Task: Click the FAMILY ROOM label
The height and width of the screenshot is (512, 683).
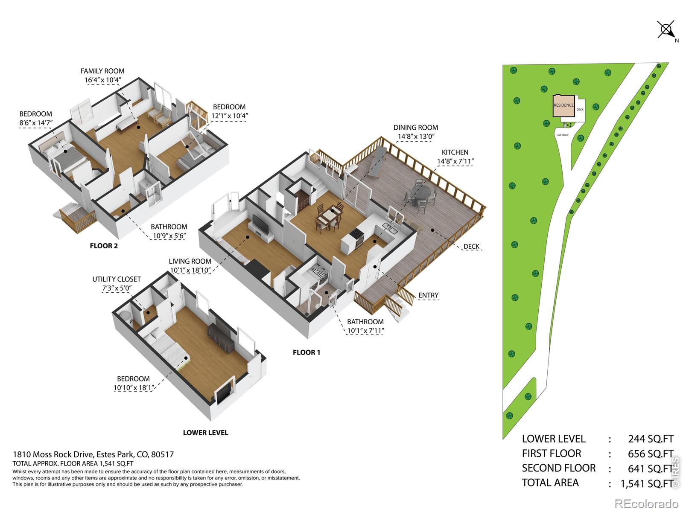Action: (102, 71)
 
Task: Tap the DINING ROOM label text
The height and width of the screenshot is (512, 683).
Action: (415, 128)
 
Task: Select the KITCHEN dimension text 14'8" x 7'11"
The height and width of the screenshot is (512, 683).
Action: (455, 161)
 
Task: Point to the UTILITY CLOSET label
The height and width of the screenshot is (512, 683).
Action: (117, 279)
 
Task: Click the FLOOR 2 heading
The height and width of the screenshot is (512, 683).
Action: (104, 246)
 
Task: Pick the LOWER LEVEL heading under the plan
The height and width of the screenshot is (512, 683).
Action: (205, 432)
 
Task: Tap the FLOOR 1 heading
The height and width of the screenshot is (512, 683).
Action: (306, 352)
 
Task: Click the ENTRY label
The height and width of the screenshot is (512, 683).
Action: (428, 295)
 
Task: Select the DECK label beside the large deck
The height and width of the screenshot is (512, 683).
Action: (471, 247)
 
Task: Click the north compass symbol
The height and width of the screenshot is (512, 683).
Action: (666, 30)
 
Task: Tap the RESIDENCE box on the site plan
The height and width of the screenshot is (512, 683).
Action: (563, 106)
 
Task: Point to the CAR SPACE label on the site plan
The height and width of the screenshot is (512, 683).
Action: (563, 135)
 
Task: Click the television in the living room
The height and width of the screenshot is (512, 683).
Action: (261, 224)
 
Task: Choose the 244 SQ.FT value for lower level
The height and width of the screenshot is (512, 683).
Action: (651, 439)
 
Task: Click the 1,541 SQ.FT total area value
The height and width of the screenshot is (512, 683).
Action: (647, 483)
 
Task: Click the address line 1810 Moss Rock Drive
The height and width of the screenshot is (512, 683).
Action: (93, 454)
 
